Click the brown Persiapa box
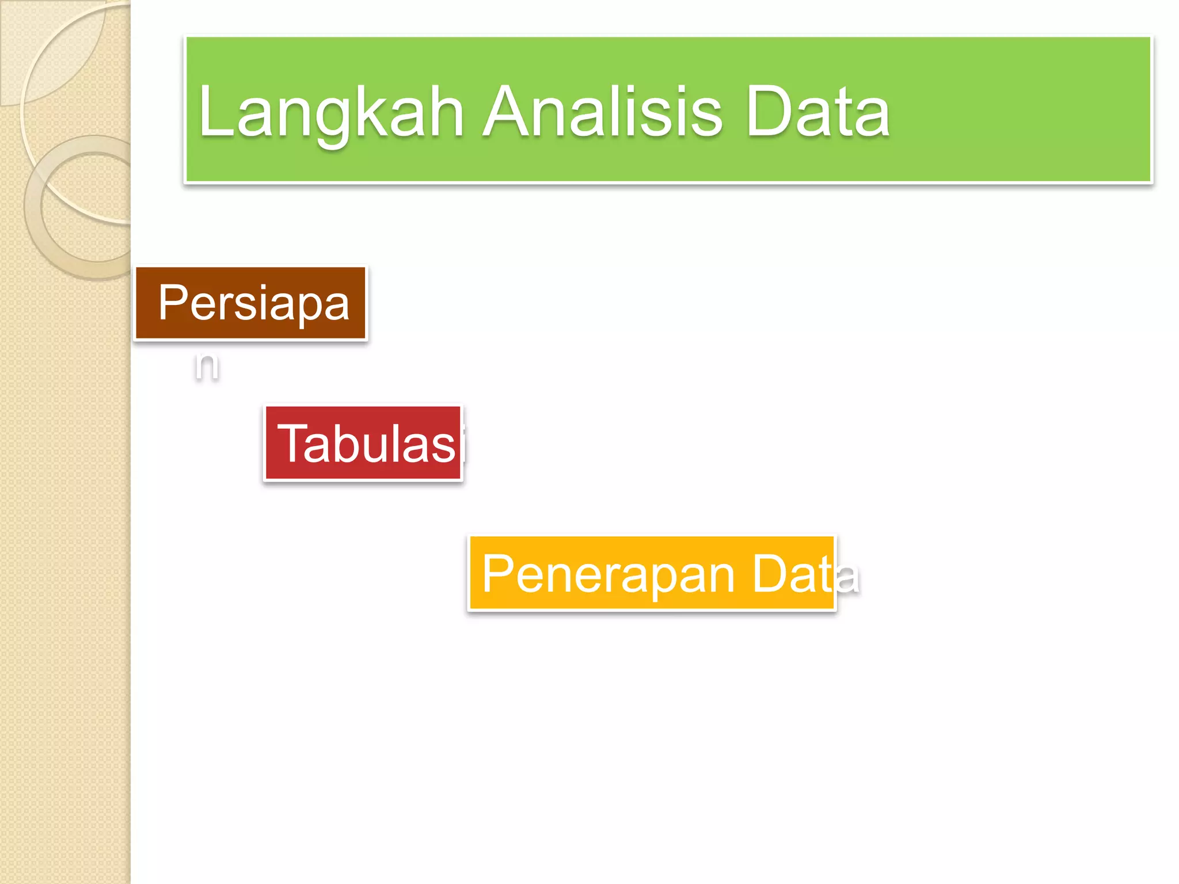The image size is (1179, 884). pos(251,303)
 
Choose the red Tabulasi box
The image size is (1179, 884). pos(363,443)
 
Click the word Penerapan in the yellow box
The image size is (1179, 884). pos(608,574)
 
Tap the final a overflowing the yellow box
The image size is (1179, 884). pos(848,577)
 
